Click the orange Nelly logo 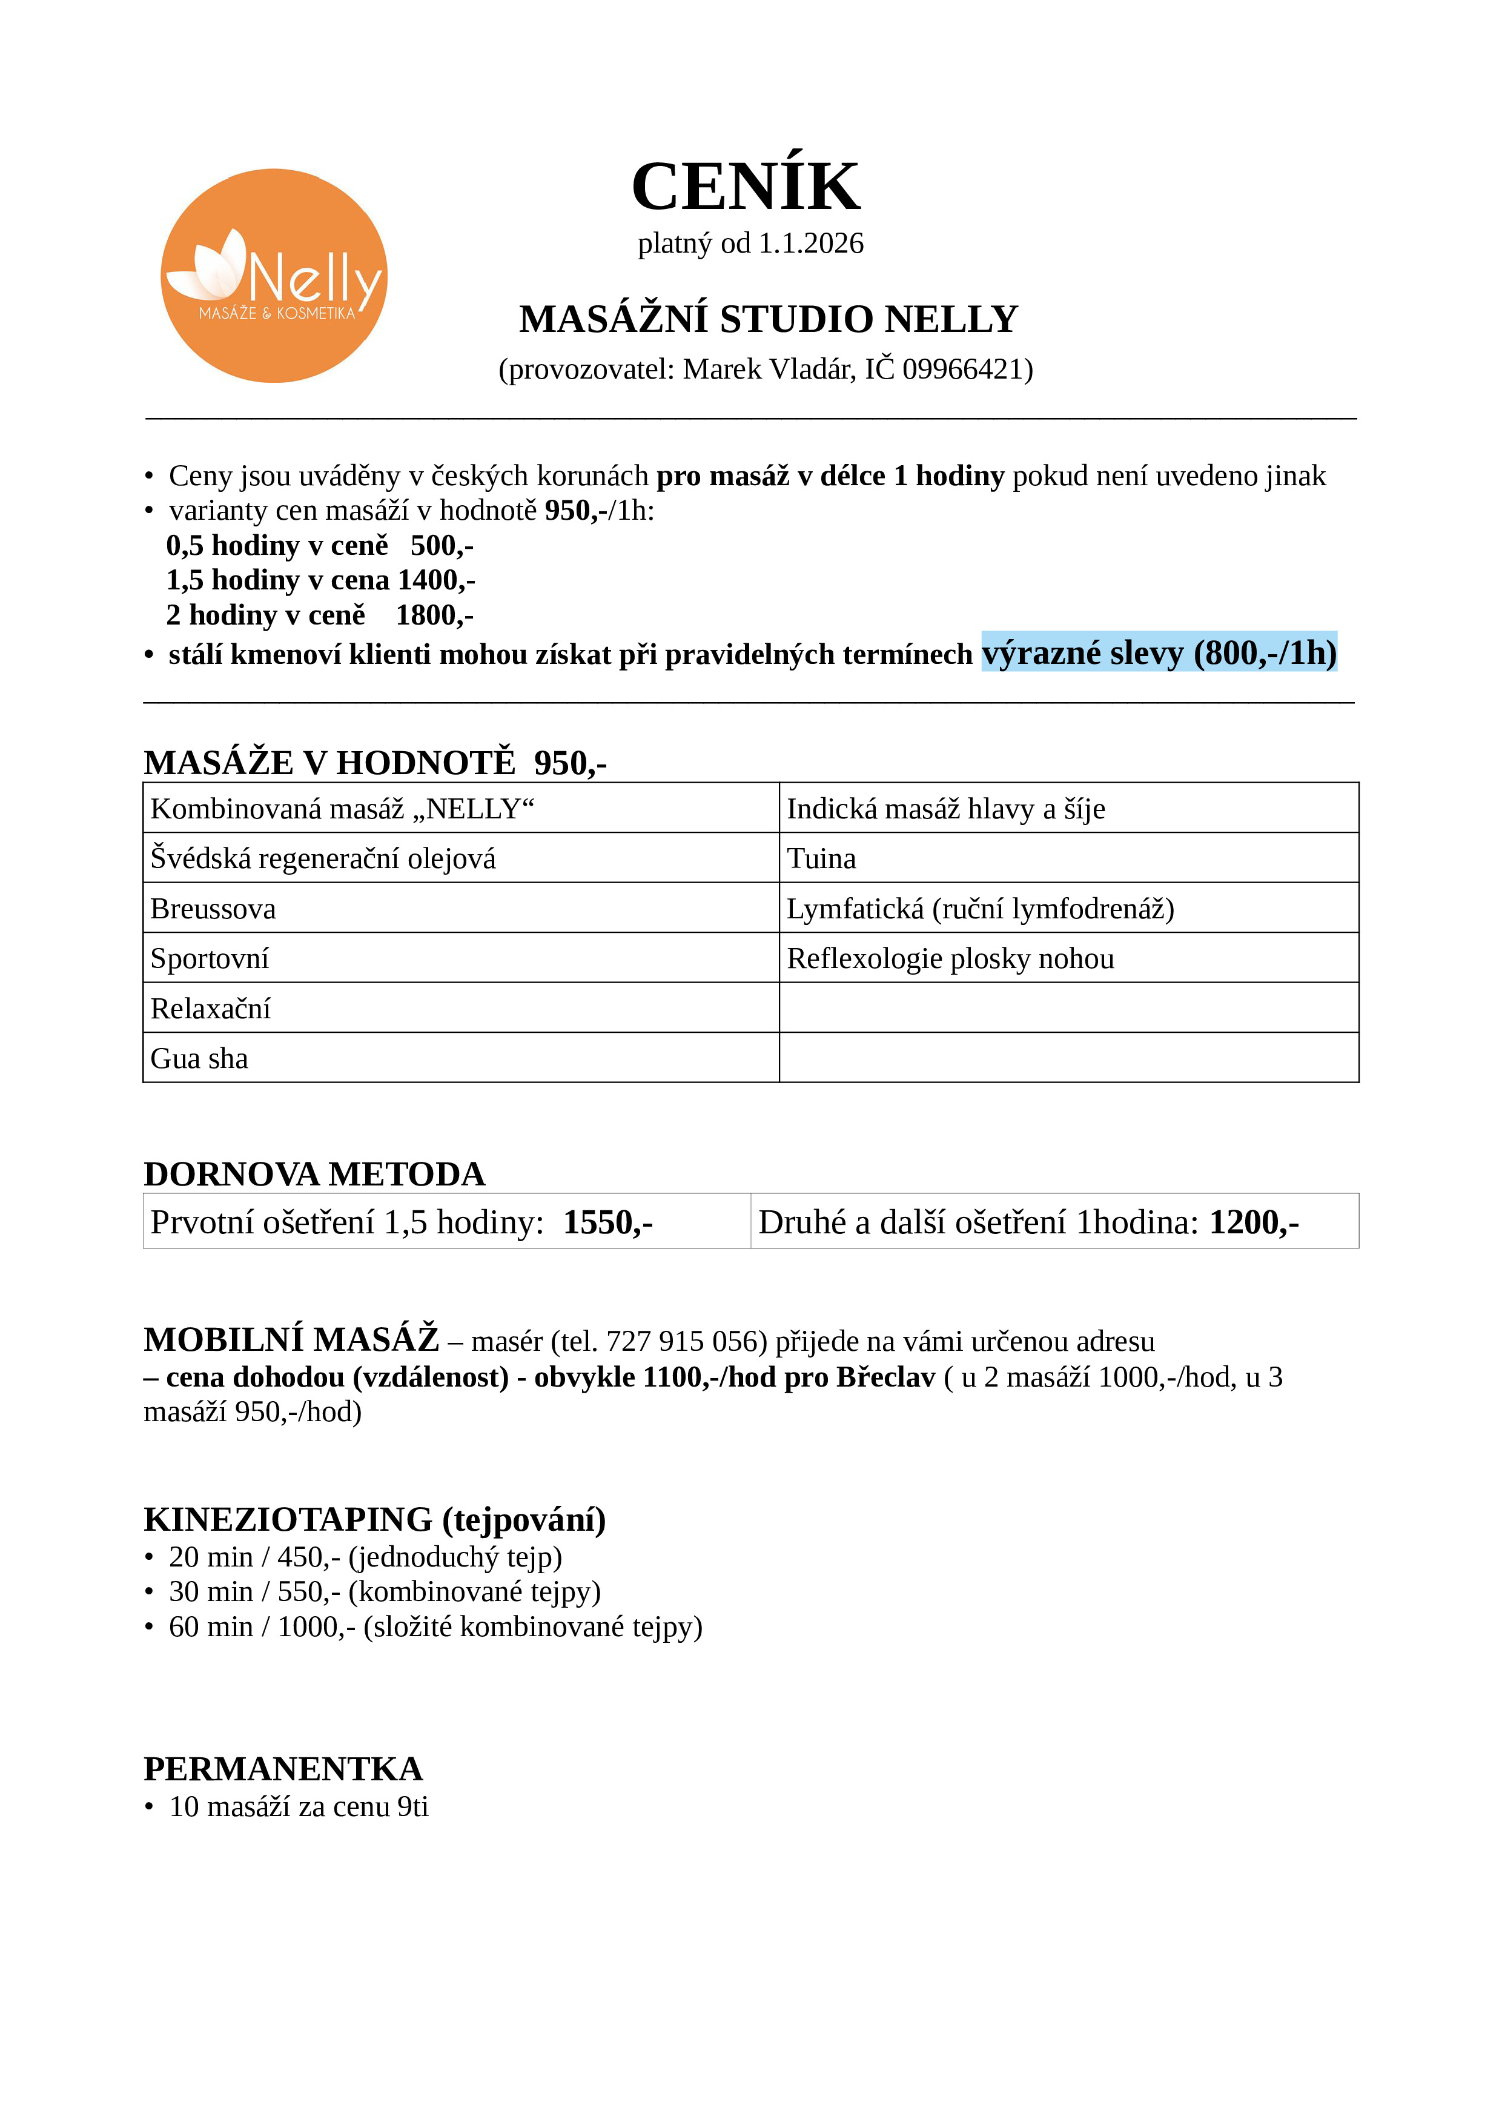pos(274,276)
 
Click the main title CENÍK pos(746,187)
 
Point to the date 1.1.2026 pos(811,244)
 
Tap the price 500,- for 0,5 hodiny pos(442,546)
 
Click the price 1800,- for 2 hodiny pos(435,615)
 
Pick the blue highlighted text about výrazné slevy pos(1159,654)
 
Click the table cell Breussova pos(214,909)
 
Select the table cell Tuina pos(822,859)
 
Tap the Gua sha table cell pos(200,1059)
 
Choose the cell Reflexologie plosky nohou pos(950,959)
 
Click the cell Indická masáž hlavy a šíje pos(946,809)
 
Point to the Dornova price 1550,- pos(608,1222)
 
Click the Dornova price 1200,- pos(1254,1222)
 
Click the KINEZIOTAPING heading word pos(288,1520)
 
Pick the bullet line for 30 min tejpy pos(384,1592)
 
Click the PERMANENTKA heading pos(283,1769)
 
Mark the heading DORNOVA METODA pos(315,1175)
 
